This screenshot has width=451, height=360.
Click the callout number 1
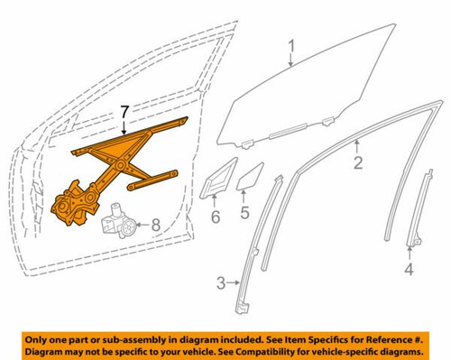coord(291,45)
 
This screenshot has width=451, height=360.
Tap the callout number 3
coord(220,286)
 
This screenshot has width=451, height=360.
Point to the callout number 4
coord(408,269)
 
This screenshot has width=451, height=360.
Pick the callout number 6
coord(216,217)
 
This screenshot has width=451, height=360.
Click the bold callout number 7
coord(126,113)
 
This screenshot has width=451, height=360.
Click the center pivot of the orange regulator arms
coord(119,165)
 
